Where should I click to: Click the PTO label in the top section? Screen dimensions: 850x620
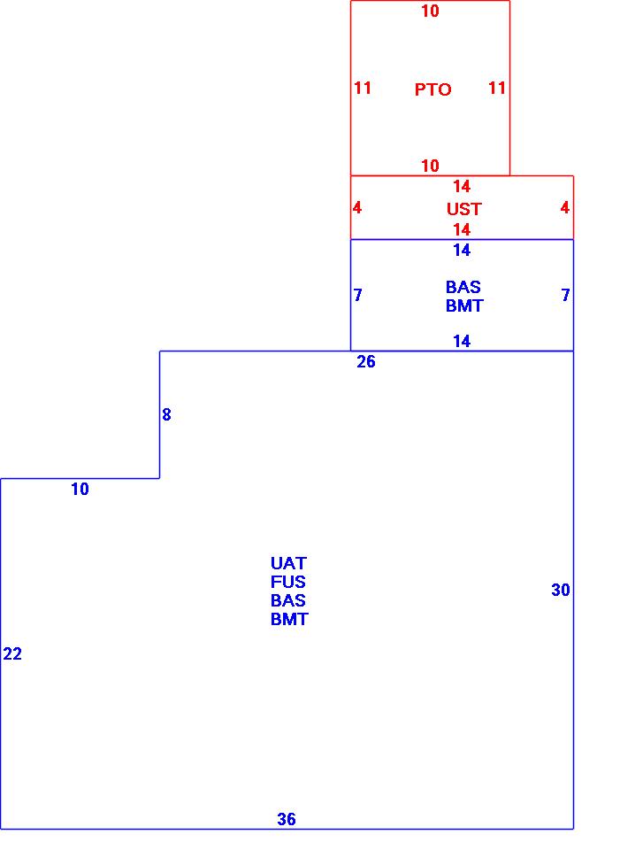coord(432,89)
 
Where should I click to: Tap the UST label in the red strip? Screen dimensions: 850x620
coord(463,209)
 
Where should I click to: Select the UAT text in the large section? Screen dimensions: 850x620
coord(288,563)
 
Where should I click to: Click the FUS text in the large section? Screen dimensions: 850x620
coord(288,582)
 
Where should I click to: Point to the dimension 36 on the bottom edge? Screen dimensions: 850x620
coord(287,819)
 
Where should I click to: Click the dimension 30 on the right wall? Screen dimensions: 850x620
coord(561,591)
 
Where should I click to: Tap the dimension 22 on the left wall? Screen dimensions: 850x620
coord(12,654)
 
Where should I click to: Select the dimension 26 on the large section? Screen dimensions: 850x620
coord(366,362)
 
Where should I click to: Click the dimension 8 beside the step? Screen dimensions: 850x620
coord(166,414)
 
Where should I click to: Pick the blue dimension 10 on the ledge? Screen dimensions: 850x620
coord(80,489)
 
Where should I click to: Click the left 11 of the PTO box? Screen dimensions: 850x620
coord(363,88)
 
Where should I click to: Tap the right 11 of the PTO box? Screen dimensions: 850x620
coord(497,88)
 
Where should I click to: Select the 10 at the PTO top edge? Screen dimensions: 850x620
coord(430,12)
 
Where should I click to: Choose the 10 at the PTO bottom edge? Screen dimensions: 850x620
coord(430,166)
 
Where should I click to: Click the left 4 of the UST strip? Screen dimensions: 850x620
coord(357,208)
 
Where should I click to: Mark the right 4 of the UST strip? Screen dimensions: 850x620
coord(564,208)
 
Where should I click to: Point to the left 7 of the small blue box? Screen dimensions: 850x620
coord(357,295)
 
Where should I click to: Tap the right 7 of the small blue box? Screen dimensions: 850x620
coord(565,295)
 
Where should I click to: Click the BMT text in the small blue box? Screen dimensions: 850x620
coord(464,305)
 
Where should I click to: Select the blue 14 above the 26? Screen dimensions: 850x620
coord(462,341)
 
